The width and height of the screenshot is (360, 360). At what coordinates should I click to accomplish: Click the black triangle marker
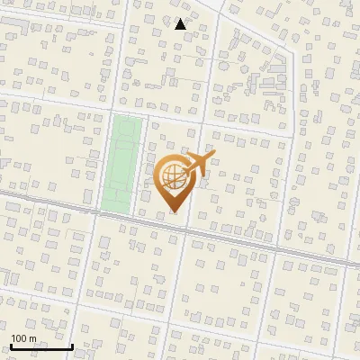181,24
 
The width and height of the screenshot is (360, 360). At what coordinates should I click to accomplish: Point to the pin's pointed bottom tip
173,212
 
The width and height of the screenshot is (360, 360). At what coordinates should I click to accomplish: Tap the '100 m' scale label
23,337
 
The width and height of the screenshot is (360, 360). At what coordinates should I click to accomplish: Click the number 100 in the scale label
19,337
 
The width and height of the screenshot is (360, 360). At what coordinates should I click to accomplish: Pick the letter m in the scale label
32,338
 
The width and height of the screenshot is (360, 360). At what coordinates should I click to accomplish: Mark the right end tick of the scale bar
72,346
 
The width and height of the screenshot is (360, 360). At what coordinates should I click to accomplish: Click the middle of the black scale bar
40,347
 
